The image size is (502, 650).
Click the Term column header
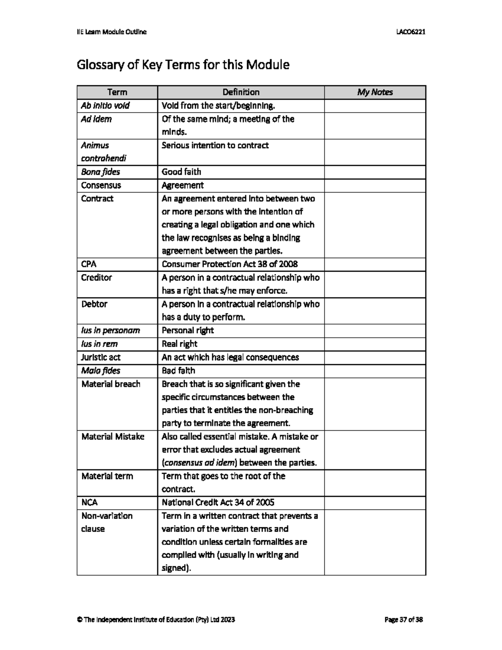[117, 92]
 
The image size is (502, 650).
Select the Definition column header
[241, 92]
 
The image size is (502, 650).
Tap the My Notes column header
[375, 92]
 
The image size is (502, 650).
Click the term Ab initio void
[105, 105]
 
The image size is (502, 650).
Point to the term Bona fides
[100, 172]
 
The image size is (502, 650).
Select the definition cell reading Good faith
[182, 172]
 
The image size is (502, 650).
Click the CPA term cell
[89, 264]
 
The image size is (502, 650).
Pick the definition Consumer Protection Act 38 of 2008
[230, 264]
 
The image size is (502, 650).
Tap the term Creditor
[97, 277]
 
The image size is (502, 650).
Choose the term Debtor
[95, 304]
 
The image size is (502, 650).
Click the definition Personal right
[188, 330]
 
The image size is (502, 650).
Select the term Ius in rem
[100, 344]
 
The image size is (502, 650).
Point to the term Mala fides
[101, 370]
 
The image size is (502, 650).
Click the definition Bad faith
[179, 370]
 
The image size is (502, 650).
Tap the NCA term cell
[90, 502]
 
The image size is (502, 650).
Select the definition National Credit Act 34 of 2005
[218, 502]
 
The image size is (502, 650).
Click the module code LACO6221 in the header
[411, 32]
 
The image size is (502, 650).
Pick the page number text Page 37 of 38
[404, 619]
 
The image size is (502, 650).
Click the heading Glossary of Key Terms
[183, 65]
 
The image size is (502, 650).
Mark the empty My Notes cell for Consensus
[375, 185]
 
